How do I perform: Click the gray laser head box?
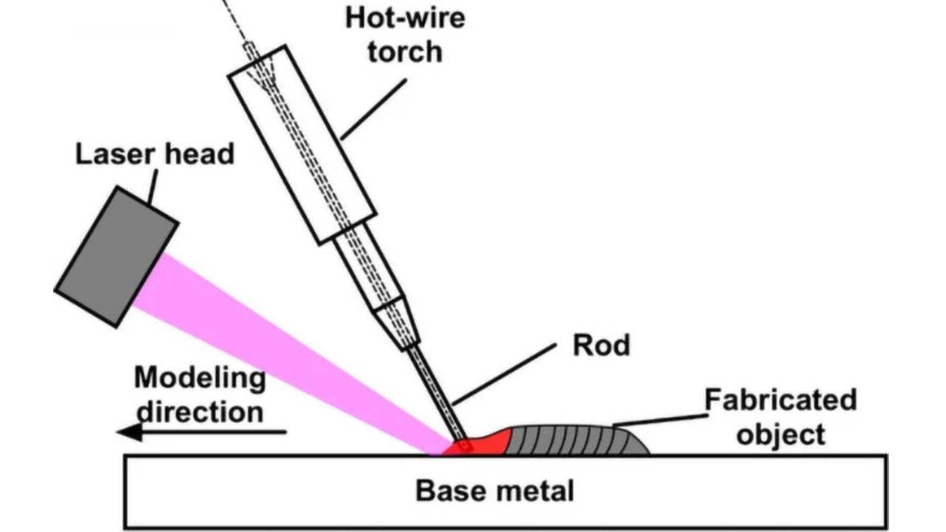(x=116, y=256)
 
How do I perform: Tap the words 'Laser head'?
(x=154, y=154)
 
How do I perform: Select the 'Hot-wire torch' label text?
(x=405, y=34)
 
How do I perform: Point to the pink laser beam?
(x=296, y=347)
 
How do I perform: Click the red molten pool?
(x=488, y=442)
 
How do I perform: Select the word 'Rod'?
(x=602, y=345)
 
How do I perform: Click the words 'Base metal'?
(x=494, y=491)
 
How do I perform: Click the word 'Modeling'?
(x=200, y=378)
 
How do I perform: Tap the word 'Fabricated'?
(x=780, y=400)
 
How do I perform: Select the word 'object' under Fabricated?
(x=780, y=434)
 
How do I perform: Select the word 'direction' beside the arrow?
(x=200, y=411)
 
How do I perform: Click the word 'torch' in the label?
(x=405, y=52)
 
